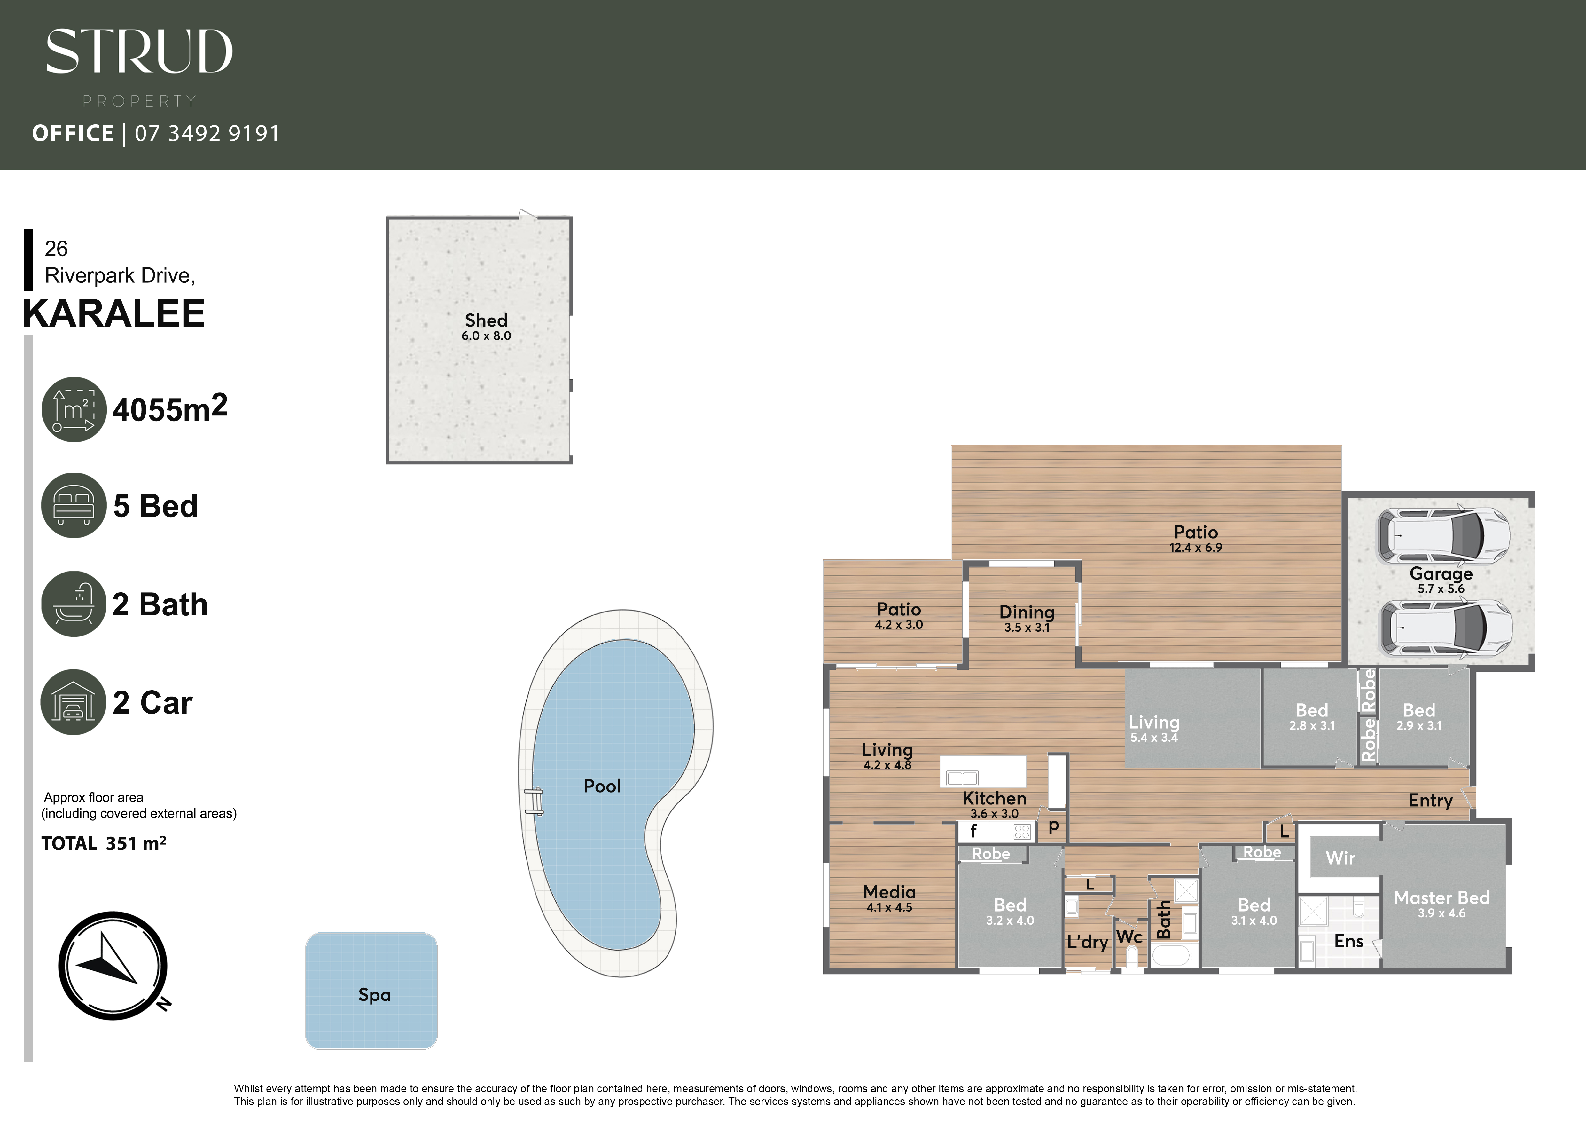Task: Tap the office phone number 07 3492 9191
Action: click(207, 133)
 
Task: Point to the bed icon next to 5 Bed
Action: click(74, 505)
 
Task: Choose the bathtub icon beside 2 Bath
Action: click(74, 604)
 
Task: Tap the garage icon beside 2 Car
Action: click(74, 702)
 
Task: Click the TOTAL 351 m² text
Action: click(104, 843)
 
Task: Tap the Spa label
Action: click(374, 995)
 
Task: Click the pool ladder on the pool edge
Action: click(533, 802)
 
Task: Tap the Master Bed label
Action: click(1441, 898)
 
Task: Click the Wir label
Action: click(1340, 858)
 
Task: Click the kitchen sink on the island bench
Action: click(962, 778)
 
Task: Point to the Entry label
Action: click(1431, 801)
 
